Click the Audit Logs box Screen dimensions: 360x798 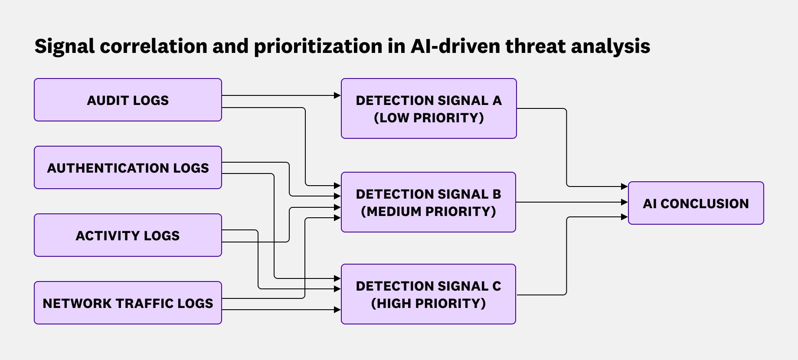click(128, 100)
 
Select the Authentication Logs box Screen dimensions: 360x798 click(128, 167)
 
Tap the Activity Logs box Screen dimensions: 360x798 click(128, 235)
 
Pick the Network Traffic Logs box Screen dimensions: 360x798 click(128, 303)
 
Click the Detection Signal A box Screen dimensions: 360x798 click(428, 108)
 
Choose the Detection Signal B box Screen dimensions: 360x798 click(428, 202)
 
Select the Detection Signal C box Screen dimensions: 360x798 click(428, 294)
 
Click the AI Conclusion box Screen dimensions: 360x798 click(696, 203)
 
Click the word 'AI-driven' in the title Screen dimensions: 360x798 click(455, 46)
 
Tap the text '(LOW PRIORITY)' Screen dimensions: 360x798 click(428, 118)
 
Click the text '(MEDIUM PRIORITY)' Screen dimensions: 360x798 click(428, 211)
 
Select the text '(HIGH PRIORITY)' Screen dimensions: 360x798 click(428, 303)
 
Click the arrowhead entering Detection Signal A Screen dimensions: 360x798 click(337, 95)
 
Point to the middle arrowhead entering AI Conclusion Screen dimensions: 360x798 click(625, 202)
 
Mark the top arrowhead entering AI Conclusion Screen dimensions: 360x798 click(625, 187)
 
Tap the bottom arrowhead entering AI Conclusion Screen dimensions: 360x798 click(625, 217)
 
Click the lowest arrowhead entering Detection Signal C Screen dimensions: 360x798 click(337, 310)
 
